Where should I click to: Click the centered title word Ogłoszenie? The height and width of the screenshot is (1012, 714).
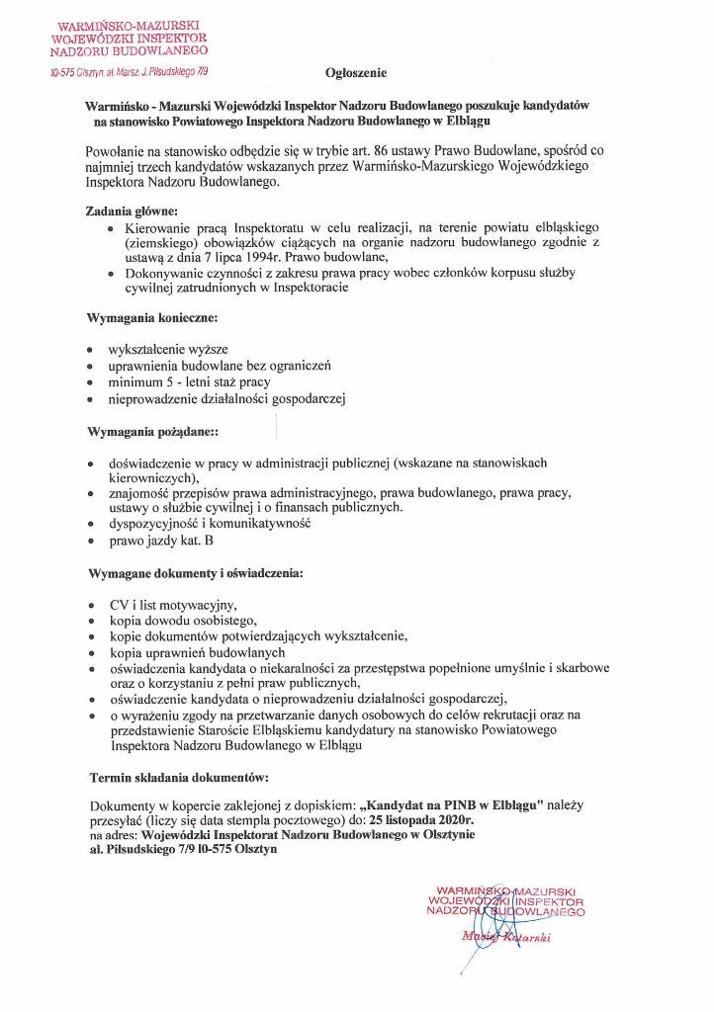356,74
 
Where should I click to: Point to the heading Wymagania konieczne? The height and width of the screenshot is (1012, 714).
152,320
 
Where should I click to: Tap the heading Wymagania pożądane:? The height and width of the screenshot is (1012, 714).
153,434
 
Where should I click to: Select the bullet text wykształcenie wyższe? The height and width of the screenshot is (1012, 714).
168,350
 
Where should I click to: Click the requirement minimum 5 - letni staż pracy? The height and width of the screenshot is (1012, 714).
189,381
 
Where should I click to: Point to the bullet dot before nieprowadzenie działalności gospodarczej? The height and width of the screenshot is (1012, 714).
91,399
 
